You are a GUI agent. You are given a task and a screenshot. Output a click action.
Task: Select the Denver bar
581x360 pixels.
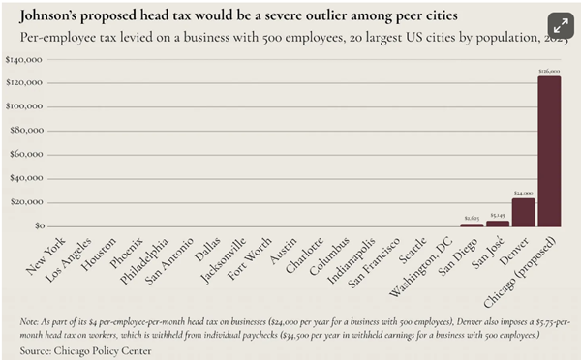524,212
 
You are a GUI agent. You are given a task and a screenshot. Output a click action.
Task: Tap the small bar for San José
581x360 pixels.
498,223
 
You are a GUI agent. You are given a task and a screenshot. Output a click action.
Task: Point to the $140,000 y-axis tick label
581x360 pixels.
26,60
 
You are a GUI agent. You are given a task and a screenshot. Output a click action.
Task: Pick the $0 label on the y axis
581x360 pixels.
37,225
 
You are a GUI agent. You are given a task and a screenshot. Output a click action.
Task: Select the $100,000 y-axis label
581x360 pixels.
26,107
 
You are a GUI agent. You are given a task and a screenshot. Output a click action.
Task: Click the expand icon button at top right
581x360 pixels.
559,26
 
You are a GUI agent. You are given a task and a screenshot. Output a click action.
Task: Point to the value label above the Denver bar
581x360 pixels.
524,193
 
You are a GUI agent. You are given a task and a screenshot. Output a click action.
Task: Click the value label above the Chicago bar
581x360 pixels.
549,71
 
